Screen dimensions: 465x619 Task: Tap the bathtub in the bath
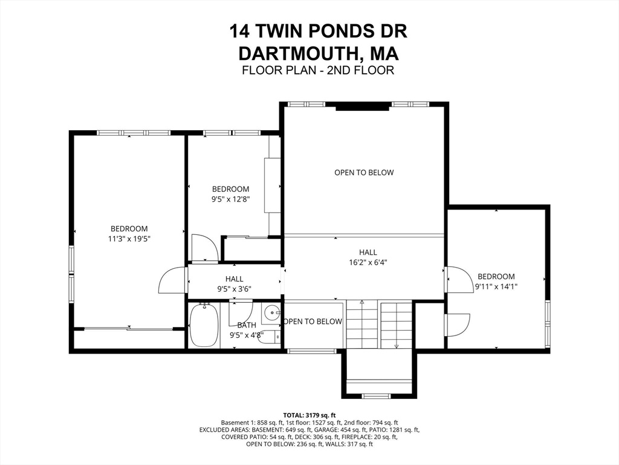pos(204,325)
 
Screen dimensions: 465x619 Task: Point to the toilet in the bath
pos(267,336)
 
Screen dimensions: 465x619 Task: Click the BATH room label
pos(238,325)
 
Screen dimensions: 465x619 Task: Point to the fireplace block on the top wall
pos(363,107)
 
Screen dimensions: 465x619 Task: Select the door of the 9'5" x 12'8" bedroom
pos(204,248)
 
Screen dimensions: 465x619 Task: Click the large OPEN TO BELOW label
pos(364,173)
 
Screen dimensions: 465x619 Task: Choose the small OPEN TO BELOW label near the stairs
pos(313,322)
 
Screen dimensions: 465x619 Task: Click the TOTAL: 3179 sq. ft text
pos(309,414)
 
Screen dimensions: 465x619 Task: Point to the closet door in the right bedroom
pos(458,323)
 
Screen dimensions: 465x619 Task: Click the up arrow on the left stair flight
pos(362,303)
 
